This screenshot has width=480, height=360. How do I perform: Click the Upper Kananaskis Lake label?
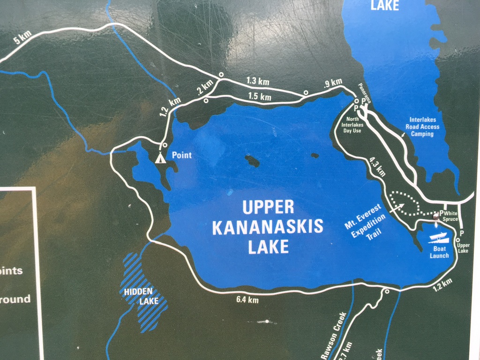pos(268,226)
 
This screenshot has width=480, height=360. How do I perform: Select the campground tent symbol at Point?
pos(160,157)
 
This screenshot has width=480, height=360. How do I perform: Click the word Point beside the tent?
pos(182,155)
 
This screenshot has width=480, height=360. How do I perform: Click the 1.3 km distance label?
pos(258,82)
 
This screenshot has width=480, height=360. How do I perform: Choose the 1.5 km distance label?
pos(260,97)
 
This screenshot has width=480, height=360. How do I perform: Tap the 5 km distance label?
pos(22,37)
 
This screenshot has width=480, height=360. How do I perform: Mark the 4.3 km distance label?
pos(377,166)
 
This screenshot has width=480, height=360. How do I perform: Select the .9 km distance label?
pos(333,83)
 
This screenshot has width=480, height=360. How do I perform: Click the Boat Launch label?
pos(439,252)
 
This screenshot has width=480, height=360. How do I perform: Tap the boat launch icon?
pos(439,238)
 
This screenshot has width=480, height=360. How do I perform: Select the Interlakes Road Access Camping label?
pos(424,127)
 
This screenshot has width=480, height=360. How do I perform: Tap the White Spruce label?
pos(450,216)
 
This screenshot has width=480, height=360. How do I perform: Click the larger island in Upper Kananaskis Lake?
pos(252,161)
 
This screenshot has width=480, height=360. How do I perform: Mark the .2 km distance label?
pos(205,87)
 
